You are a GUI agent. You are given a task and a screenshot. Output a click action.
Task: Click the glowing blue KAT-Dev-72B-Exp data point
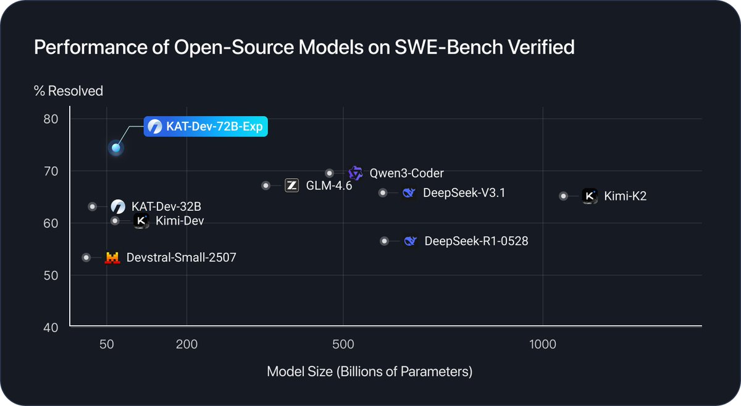click(115, 148)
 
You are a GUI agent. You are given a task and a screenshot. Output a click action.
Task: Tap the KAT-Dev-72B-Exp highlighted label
click(206, 127)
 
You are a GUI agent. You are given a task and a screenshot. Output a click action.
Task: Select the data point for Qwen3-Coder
click(330, 173)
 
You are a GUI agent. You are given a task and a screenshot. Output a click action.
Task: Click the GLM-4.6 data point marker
click(266, 185)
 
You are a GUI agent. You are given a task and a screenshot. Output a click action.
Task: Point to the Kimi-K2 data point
click(563, 196)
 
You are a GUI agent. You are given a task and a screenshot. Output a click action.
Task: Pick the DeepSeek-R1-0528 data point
click(384, 241)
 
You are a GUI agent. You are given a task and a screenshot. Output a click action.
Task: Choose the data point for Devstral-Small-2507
click(86, 257)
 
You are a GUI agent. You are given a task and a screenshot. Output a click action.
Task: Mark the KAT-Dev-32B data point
click(93, 206)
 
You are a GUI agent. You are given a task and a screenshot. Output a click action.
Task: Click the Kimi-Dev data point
click(115, 221)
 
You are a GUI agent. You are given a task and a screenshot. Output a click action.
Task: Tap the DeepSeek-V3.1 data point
click(383, 193)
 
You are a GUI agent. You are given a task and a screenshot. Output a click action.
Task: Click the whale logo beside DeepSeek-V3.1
click(408, 193)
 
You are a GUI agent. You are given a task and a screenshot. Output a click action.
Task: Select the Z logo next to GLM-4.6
click(292, 185)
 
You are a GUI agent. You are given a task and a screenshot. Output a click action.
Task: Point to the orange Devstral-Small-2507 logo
click(112, 258)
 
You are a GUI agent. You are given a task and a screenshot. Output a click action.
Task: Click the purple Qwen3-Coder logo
click(355, 173)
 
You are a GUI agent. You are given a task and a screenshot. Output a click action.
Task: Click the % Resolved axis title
click(68, 91)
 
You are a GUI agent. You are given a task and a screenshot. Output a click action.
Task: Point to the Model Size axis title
click(369, 372)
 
